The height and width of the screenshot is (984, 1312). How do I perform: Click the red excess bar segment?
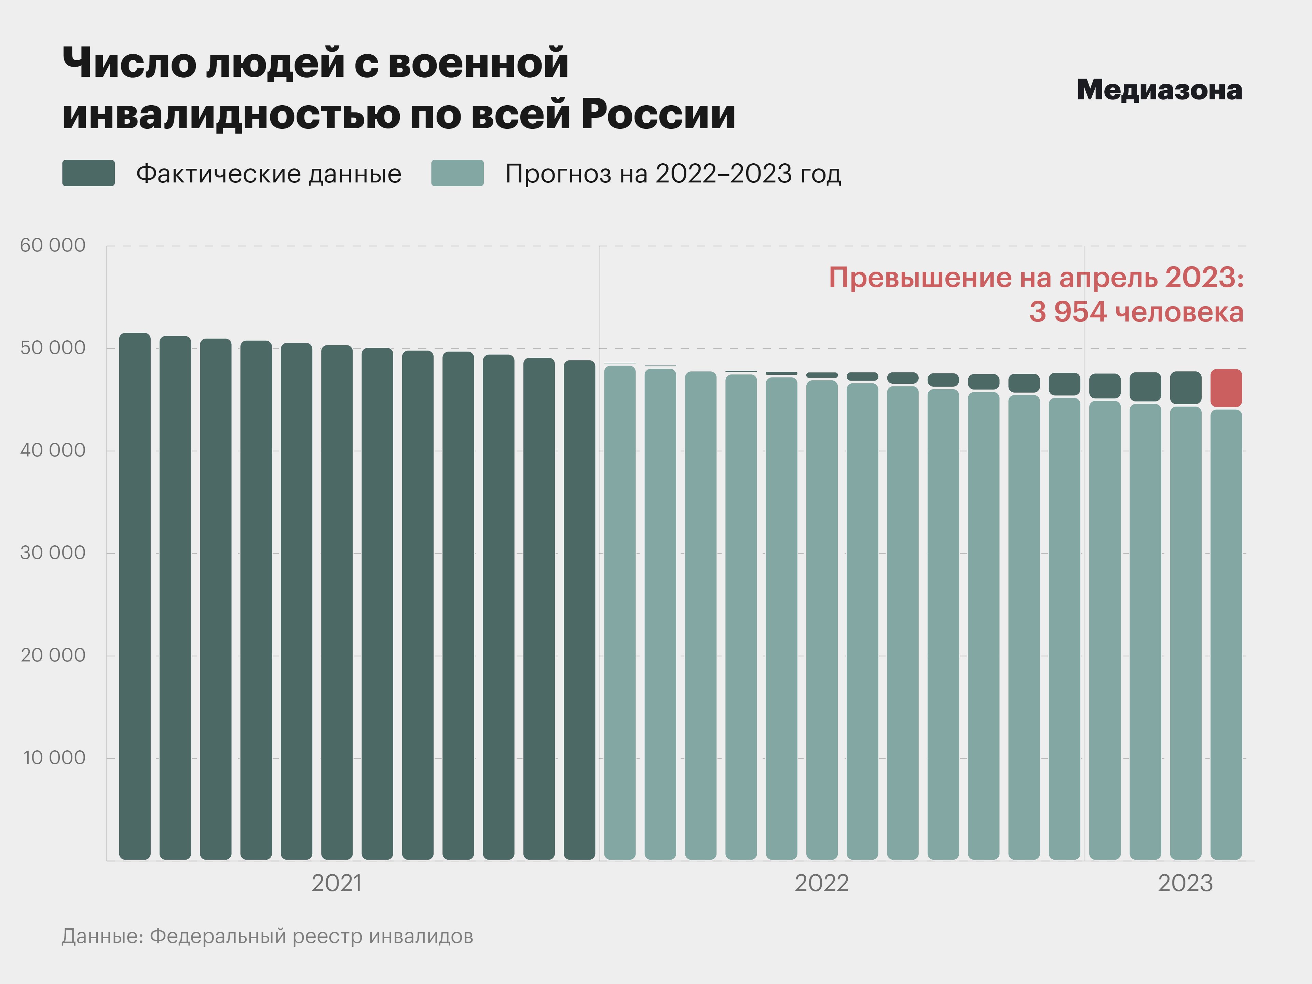point(1226,388)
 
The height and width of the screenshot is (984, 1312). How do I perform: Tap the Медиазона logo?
point(1159,90)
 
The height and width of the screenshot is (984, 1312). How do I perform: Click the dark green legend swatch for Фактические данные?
point(88,173)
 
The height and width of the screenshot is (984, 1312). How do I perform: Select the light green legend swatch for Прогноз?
point(457,173)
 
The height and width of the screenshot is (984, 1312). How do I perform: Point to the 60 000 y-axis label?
point(53,246)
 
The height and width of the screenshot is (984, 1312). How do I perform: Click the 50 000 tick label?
point(53,348)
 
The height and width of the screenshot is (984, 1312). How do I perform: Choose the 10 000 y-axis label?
point(54,758)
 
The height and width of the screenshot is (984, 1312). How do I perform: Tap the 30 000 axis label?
point(53,553)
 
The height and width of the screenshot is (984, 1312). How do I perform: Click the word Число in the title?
point(129,63)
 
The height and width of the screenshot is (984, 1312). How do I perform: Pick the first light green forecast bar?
point(620,614)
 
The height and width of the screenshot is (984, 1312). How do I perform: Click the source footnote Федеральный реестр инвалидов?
point(311,937)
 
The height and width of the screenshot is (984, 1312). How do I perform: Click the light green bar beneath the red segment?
point(1226,635)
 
